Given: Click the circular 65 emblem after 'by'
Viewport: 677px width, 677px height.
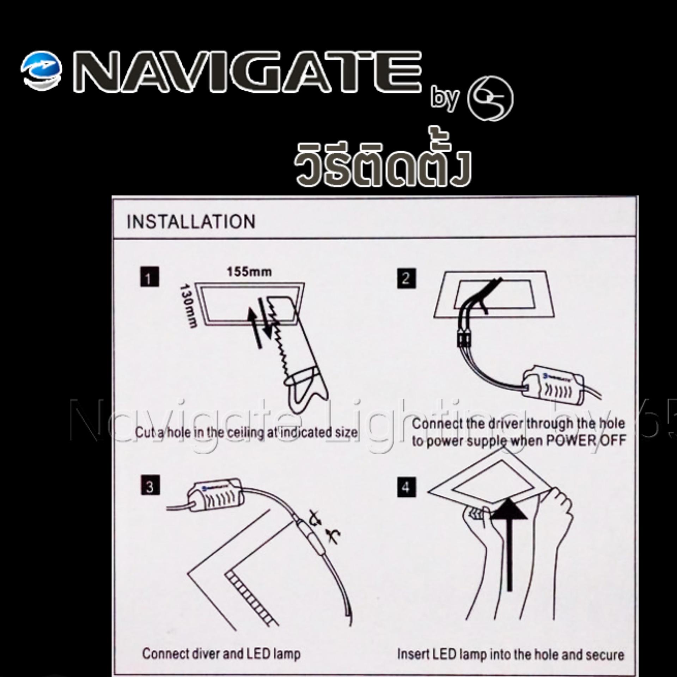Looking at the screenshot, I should pyautogui.click(x=490, y=99).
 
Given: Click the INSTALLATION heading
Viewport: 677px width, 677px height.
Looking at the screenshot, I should pyautogui.click(x=191, y=222).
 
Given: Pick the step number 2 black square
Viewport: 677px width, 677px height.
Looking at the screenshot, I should pyautogui.click(x=406, y=279).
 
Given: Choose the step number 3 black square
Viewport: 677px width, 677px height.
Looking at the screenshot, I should pyautogui.click(x=150, y=485).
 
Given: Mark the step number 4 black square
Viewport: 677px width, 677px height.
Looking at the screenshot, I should pyautogui.click(x=406, y=487).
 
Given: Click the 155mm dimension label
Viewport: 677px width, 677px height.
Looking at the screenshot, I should pyautogui.click(x=249, y=272).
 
